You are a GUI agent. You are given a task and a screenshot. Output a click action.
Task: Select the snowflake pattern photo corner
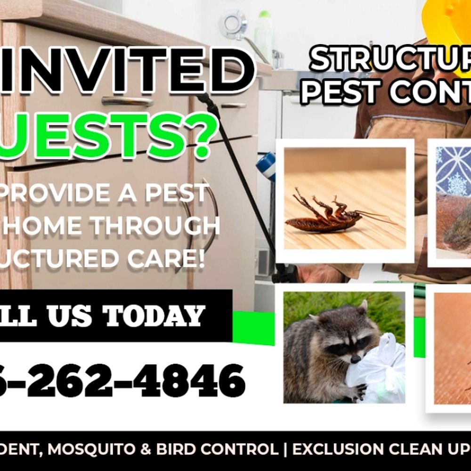pyautogui.click(x=452, y=170)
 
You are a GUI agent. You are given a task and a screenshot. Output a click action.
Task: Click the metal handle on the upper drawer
pyautogui.click(x=127, y=100)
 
